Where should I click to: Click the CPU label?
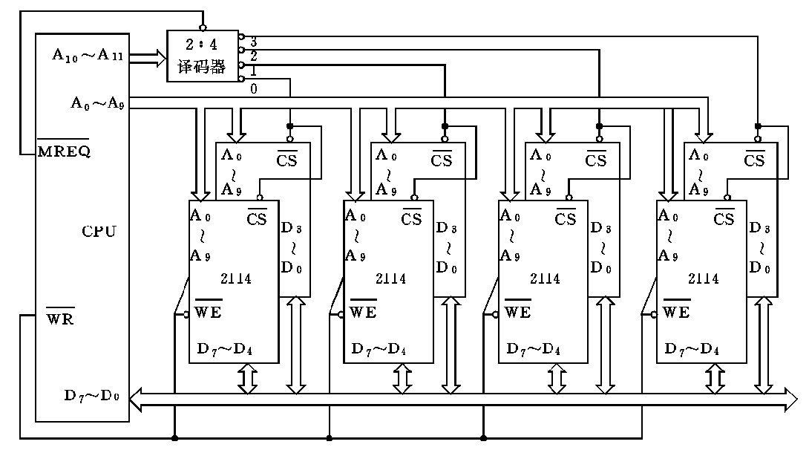pyautogui.click(x=99, y=231)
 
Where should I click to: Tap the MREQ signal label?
pyautogui.click(x=63, y=151)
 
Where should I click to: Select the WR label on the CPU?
pyautogui.click(x=60, y=319)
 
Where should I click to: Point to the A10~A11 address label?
pyautogui.click(x=87, y=55)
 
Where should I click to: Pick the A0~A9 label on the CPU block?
pyautogui.click(x=96, y=103)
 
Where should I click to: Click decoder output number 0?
pyautogui.click(x=253, y=89)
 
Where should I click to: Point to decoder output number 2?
pyautogui.click(x=253, y=56)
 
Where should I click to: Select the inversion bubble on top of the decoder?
pyautogui.click(x=203, y=27)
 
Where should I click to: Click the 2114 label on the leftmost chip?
pyautogui.click(x=235, y=279)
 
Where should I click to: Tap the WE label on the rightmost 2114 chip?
pyautogui.click(x=676, y=312)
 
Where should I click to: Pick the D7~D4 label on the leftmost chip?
pyautogui.click(x=226, y=348)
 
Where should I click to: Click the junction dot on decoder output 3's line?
pyautogui.click(x=757, y=126)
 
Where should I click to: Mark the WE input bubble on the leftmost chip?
pyautogui.click(x=186, y=315)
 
